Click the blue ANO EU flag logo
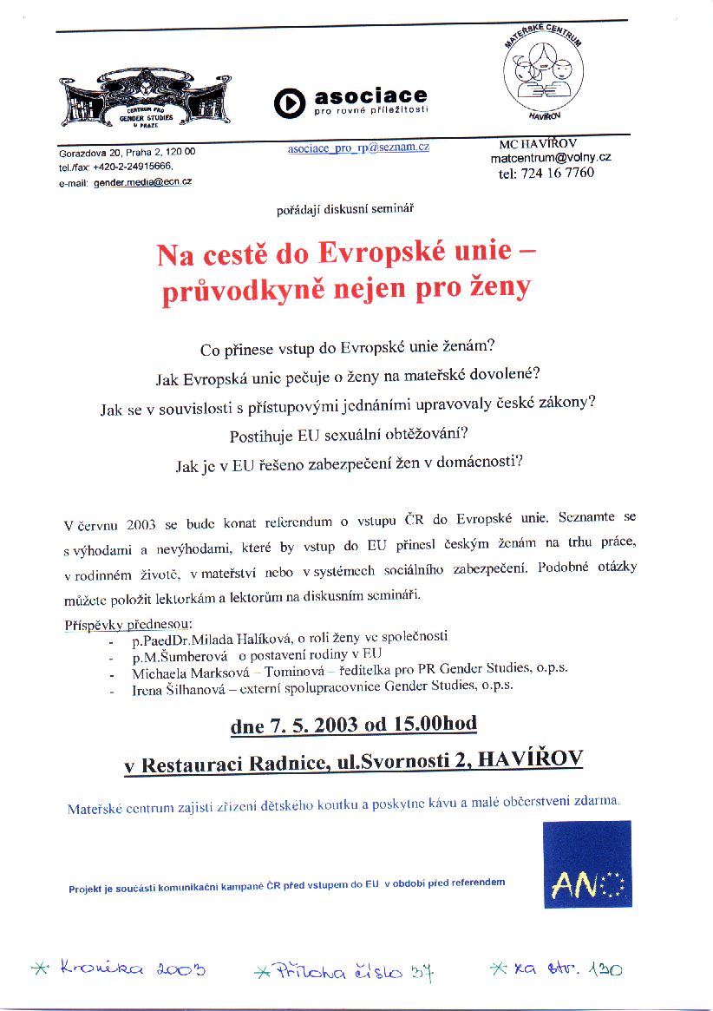click(587, 864)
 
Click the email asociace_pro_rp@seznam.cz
click(358, 148)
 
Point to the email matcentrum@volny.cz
click(550, 158)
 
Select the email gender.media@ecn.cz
click(142, 181)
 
